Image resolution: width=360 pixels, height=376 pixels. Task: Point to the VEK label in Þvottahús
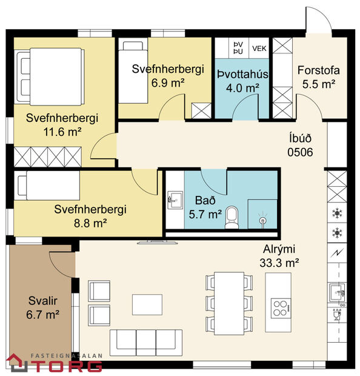coord(259,48)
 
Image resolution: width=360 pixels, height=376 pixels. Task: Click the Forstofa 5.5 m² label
coord(318,77)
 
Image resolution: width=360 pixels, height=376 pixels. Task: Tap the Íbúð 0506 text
coord(300,145)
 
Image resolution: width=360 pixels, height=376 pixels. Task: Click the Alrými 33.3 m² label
coord(280,257)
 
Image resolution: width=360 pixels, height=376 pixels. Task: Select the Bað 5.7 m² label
coord(205,207)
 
